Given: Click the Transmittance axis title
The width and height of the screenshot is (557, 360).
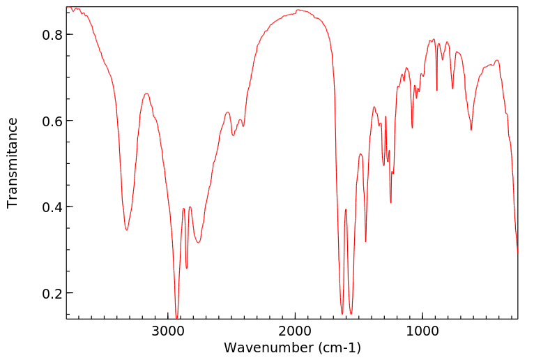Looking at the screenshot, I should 13,163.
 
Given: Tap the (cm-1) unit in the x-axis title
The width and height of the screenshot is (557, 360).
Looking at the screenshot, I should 337,347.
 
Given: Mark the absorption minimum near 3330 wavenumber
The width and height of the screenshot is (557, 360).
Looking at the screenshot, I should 127,230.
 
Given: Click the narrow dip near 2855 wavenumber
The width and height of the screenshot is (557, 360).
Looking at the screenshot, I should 187,268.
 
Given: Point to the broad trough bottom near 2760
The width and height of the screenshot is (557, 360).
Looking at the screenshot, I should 199,243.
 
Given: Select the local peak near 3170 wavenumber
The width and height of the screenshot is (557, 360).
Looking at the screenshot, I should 146,93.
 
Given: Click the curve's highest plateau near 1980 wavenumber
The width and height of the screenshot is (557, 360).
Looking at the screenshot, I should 298,10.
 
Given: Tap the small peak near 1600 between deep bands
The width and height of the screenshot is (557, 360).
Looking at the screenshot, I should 346,209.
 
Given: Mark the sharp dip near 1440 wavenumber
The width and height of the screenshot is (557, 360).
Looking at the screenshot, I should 366,241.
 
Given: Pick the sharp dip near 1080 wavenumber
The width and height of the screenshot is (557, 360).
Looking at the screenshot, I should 412,128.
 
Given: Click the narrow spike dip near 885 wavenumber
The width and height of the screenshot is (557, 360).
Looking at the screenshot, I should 437,90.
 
